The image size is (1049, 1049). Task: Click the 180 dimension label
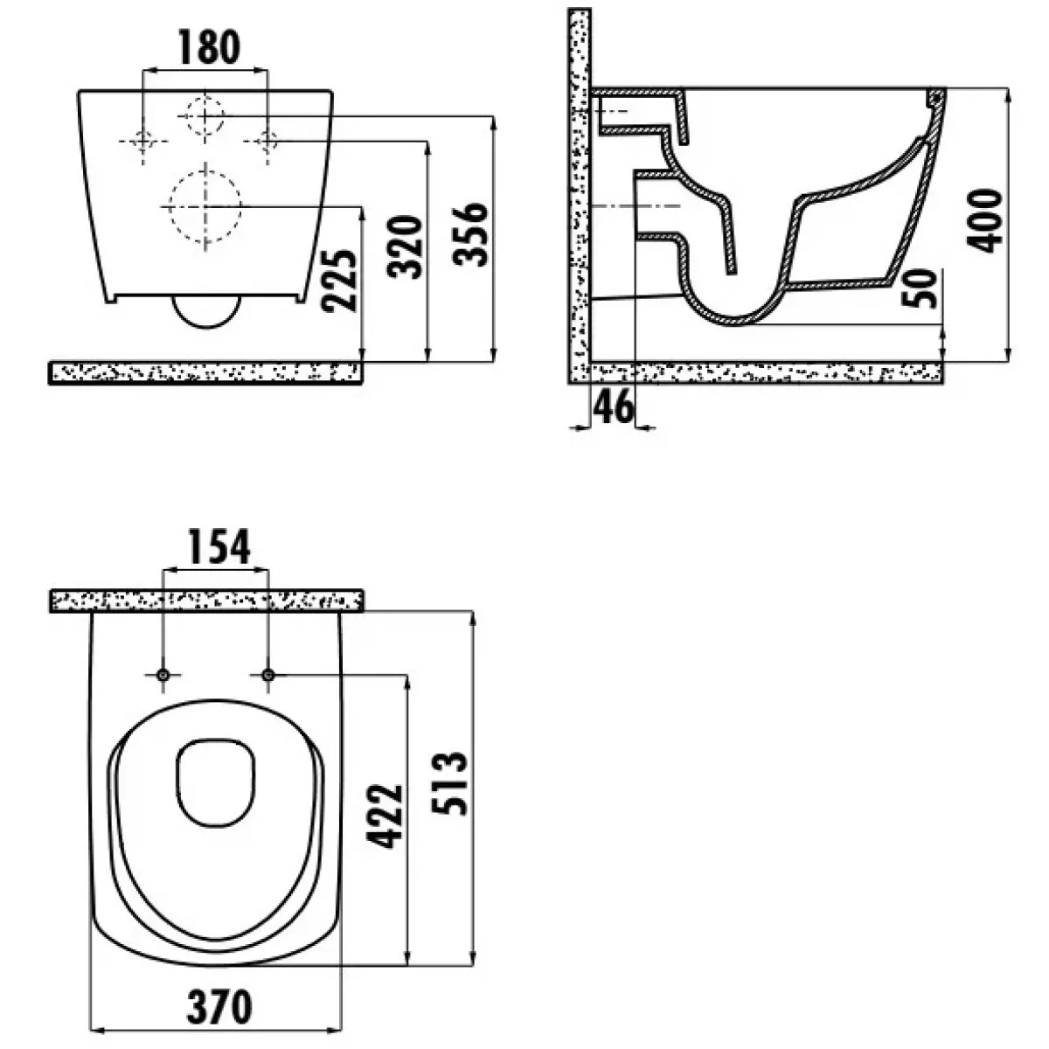coord(209,48)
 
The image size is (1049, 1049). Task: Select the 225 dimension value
coord(339,281)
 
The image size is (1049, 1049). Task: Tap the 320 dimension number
coord(405,247)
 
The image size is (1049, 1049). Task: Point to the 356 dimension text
coord(470,233)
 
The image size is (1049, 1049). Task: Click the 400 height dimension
coord(984,220)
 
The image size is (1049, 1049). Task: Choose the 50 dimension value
coord(920,288)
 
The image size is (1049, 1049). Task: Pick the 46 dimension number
coord(613,406)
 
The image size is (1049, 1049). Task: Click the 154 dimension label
coord(220,546)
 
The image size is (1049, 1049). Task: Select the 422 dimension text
coord(385,816)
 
